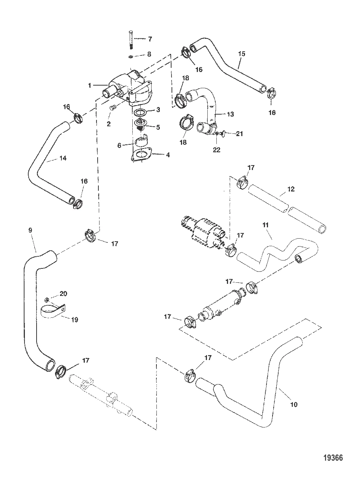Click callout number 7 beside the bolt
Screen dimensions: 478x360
click(x=150, y=39)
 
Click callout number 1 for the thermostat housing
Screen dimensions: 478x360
click(x=90, y=86)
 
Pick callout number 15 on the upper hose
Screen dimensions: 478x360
click(x=242, y=54)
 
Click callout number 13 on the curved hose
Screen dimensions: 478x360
click(x=230, y=114)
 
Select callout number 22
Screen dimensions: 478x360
click(x=217, y=150)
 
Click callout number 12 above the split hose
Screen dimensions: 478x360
click(x=291, y=189)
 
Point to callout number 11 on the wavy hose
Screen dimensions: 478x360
click(x=265, y=225)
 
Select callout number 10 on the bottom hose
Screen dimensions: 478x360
click(x=294, y=404)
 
